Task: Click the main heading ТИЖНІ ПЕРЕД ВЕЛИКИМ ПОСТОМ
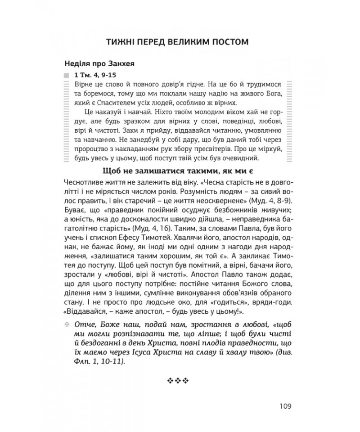[x=180, y=43]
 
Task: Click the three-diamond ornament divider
[x=180, y=381]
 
